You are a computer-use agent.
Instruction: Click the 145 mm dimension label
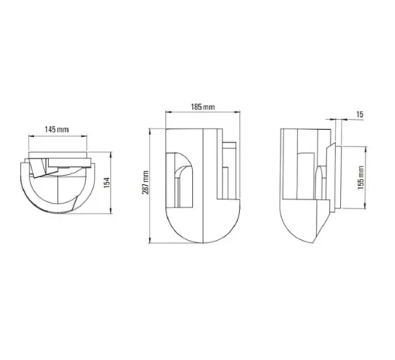[57, 129]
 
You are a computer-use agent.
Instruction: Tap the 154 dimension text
[107, 183]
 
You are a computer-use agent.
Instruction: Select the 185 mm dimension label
[203, 107]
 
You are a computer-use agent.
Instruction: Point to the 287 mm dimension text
[146, 183]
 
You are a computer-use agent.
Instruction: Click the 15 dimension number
[360, 115]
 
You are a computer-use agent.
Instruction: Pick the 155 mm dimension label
[361, 177]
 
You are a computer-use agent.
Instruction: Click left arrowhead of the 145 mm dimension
[30, 136]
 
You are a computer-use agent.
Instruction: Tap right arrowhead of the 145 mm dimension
[85, 136]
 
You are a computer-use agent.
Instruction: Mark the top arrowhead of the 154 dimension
[111, 154]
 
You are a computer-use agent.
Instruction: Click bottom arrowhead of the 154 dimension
[111, 211]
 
